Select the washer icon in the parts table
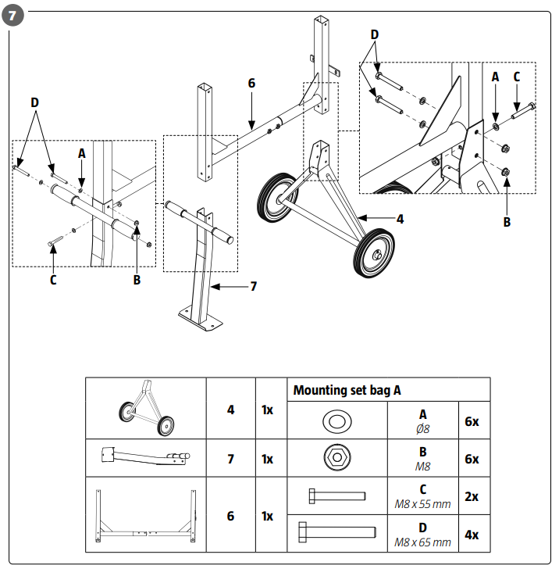337,421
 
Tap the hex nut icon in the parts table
337,458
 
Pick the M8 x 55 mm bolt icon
337,496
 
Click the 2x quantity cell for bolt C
472,496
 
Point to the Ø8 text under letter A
422,428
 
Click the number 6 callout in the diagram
251,83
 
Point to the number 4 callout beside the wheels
400,220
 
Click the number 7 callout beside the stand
253,287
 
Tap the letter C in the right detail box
516,77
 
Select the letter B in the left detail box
137,280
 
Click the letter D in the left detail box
34,103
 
